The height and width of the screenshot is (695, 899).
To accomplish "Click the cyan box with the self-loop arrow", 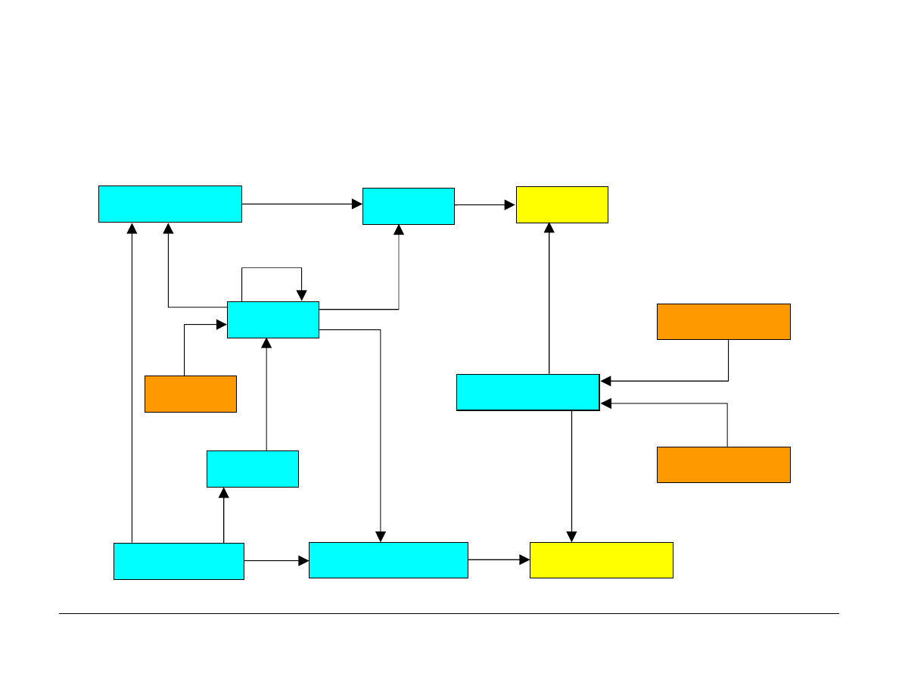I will pyautogui.click(x=272, y=319).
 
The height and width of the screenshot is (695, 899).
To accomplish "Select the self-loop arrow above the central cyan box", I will pyautogui.click(x=272, y=268).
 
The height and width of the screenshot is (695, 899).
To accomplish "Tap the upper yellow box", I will pyautogui.click(x=561, y=204).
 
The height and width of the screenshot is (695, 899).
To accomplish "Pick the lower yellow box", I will pyautogui.click(x=601, y=560).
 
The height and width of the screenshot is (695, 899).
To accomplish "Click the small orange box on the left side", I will pyautogui.click(x=190, y=394).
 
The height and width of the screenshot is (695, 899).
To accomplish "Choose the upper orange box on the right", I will pyautogui.click(x=723, y=322).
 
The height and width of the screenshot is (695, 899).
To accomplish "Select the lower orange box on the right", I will pyautogui.click(x=723, y=464).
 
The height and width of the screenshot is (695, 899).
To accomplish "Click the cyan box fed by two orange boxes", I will pyautogui.click(x=527, y=392).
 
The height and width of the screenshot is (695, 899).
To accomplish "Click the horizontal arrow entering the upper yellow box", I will pyautogui.click(x=484, y=204).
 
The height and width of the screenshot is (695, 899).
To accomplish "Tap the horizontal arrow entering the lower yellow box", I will pyautogui.click(x=498, y=560).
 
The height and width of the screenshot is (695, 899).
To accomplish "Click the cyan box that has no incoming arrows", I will pyautogui.click(x=179, y=561).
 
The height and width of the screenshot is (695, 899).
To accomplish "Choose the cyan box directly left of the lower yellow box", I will pyautogui.click(x=387, y=560).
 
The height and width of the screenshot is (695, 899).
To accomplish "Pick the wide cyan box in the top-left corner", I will pyautogui.click(x=170, y=204).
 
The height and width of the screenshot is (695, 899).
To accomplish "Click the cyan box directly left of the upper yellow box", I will pyautogui.click(x=408, y=206).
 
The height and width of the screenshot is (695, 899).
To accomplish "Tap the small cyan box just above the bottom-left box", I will pyautogui.click(x=252, y=469).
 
